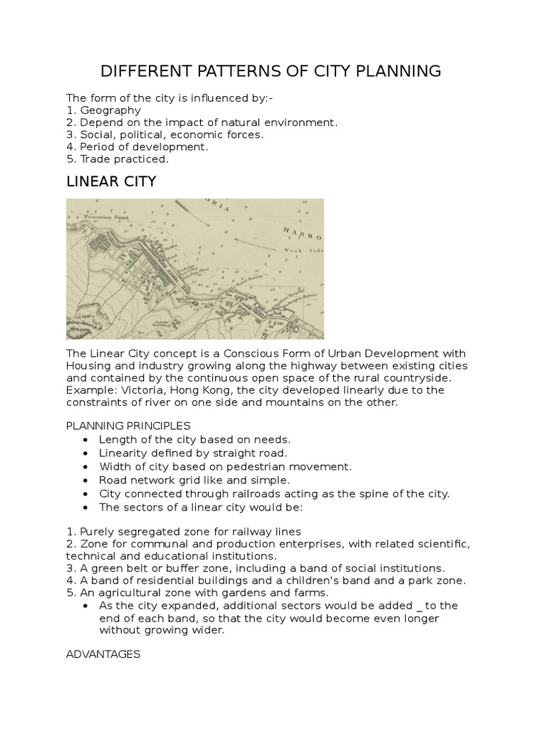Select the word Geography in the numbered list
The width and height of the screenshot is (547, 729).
pos(110,110)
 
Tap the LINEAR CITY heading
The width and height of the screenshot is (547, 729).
pos(110,182)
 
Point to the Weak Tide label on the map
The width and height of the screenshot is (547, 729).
pos(303,251)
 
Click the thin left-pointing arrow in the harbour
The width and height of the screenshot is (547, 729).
pos(252,243)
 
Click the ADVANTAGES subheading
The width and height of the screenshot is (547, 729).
pos(103,654)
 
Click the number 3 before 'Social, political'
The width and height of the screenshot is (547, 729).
pos(70,135)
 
